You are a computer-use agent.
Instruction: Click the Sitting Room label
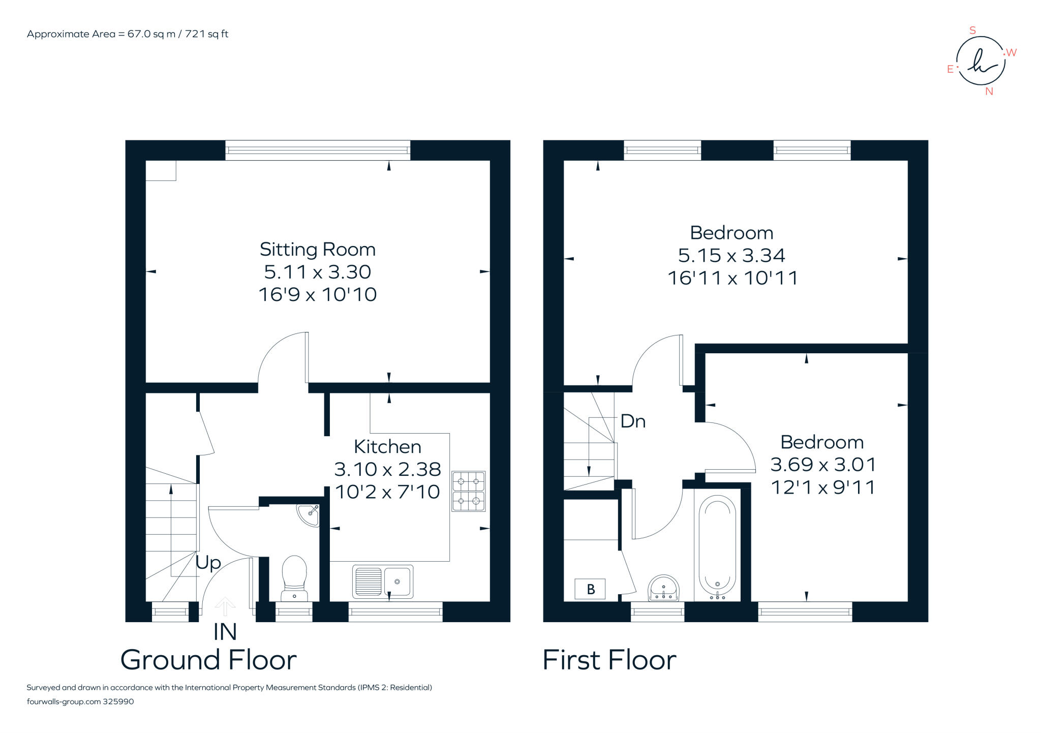tap(318, 249)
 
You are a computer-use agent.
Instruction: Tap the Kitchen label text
tap(387, 446)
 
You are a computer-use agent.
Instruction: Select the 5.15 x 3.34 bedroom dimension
tap(731, 255)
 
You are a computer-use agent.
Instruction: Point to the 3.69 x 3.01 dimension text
tap(823, 464)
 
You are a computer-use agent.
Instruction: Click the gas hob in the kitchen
tap(469, 491)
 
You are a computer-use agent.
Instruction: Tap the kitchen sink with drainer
tap(383, 581)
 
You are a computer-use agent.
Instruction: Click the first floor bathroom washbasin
tap(664, 588)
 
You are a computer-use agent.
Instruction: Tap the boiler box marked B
tap(590, 589)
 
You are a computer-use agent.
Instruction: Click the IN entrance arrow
tap(225, 606)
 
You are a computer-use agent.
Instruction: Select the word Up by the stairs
tap(208, 563)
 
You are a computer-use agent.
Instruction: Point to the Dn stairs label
tap(633, 421)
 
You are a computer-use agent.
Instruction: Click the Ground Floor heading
tap(208, 660)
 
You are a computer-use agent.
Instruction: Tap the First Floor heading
tap(609, 660)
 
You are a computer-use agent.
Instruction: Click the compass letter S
tap(973, 30)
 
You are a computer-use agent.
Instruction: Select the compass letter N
tap(989, 91)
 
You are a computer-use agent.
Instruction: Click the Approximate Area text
tap(128, 34)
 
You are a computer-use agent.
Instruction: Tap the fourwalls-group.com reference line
tap(80, 701)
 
